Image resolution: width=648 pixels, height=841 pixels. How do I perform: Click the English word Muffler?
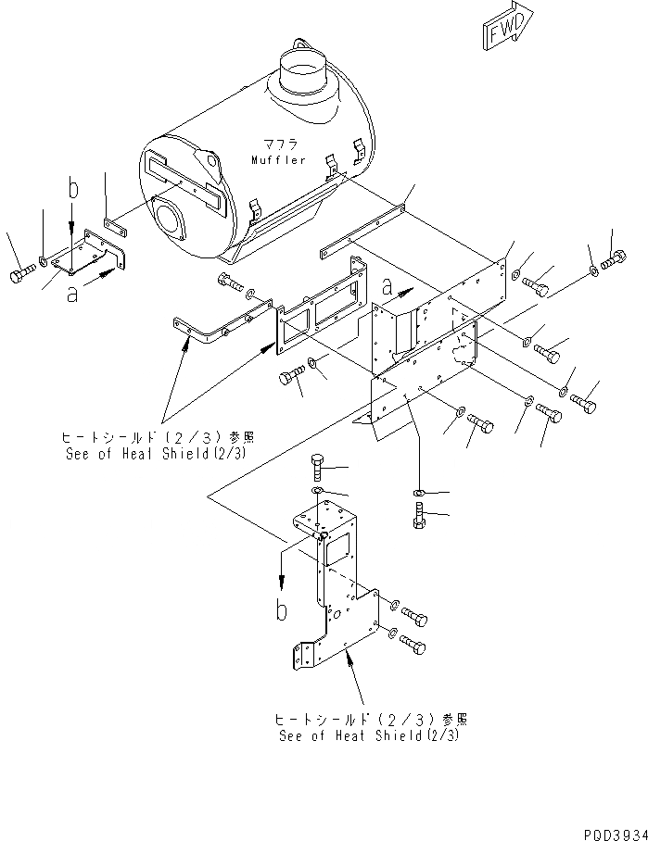click(x=278, y=160)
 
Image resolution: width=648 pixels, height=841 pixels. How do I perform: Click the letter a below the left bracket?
click(x=71, y=295)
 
